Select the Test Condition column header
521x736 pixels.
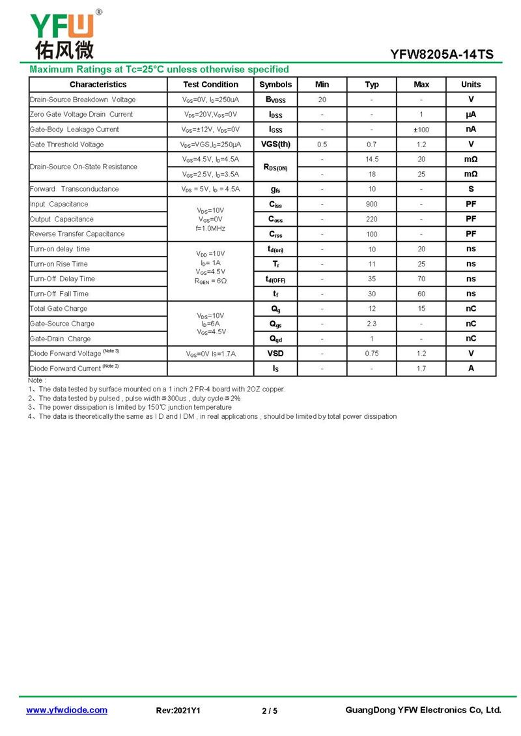coord(210,85)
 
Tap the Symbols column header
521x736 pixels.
coord(275,85)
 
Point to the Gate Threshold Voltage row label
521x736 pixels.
coord(66,145)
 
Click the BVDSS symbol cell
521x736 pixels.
coord(275,100)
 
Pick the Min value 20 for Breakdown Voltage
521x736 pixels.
coord(322,100)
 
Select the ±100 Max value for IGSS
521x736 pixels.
coord(421,130)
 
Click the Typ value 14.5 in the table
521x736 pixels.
coord(372,160)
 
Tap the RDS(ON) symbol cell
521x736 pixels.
coord(275,167)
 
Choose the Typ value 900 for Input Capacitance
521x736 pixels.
coord(372,205)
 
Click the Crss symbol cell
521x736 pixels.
coord(275,234)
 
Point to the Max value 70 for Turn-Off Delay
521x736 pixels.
coord(421,279)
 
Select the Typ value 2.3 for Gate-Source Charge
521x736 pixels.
coord(372,324)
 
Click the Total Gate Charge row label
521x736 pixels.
coord(59,309)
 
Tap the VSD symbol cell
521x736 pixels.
coord(275,354)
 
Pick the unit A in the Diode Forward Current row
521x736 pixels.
coord(471,369)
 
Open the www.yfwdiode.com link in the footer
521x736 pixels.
coord(66,710)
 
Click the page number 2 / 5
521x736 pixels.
coord(270,711)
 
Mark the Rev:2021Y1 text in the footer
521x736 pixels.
coord(178,711)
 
